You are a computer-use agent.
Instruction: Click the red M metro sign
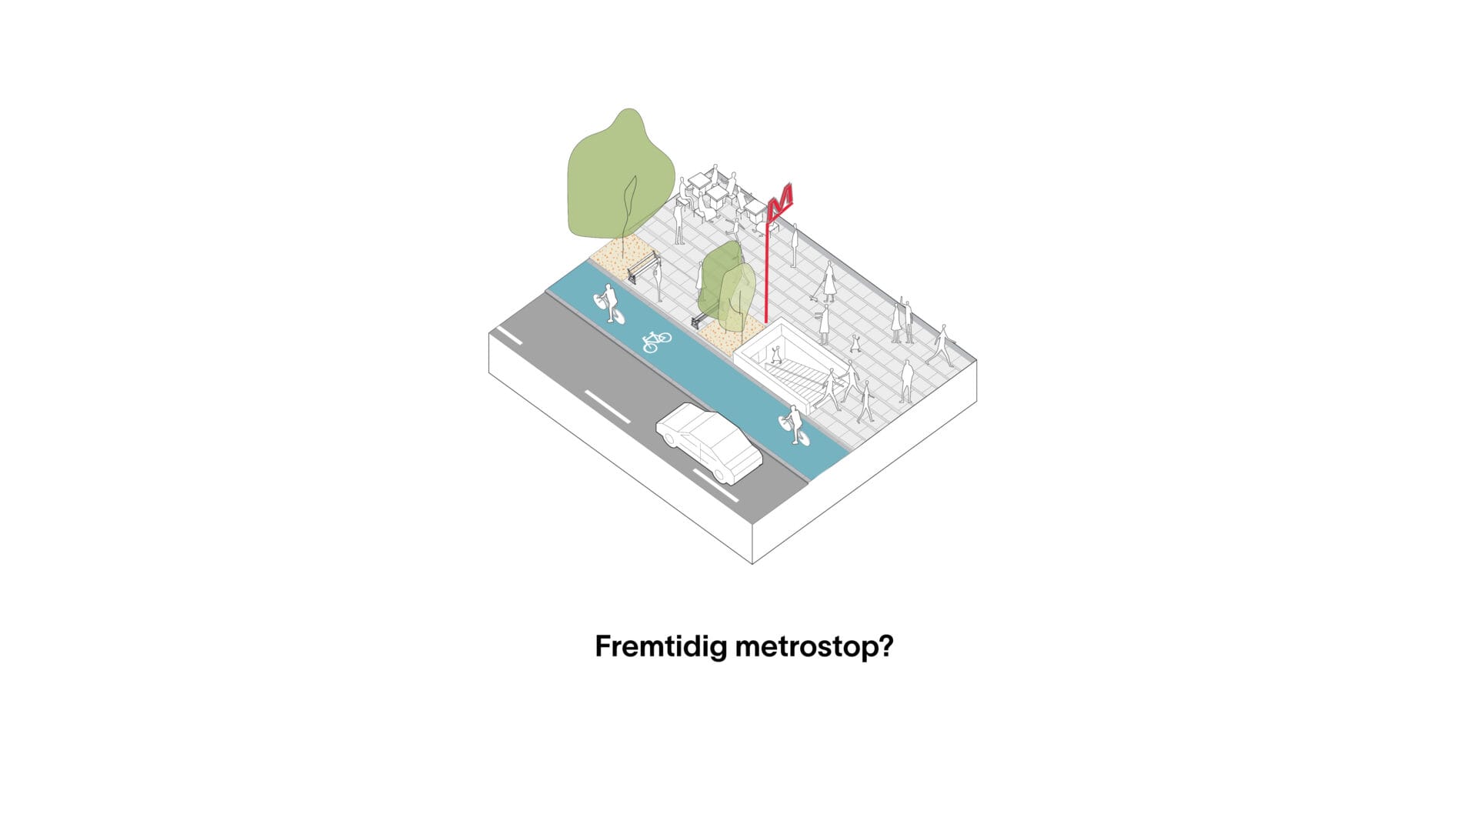781,202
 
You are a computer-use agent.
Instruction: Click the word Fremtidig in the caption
661,646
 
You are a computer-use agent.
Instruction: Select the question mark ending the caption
885,646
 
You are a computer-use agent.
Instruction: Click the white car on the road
708,442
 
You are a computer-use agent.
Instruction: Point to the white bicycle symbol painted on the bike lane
656,341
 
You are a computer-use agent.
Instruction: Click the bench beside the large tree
644,268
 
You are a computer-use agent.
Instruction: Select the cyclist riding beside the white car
794,425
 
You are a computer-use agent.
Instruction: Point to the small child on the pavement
855,343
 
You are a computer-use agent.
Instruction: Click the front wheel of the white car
722,473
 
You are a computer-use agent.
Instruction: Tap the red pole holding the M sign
767,269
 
